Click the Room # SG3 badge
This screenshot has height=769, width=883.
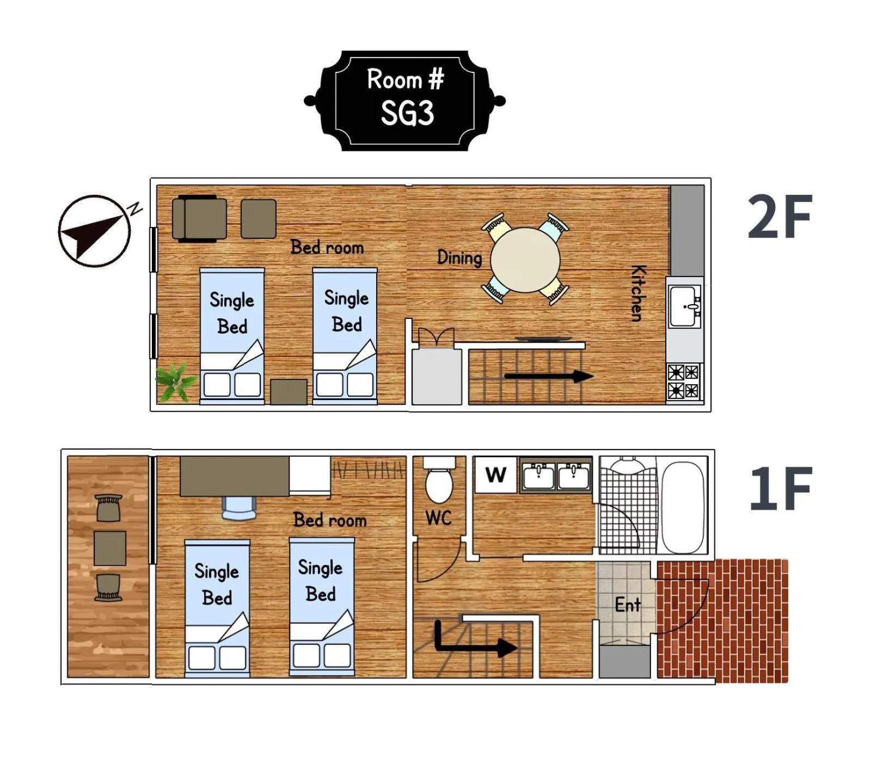tap(404, 101)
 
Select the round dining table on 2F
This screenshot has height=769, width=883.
tap(525, 260)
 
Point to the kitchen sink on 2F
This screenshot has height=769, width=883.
tap(685, 306)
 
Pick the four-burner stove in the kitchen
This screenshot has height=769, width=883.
tap(684, 382)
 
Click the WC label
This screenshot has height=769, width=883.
tap(439, 518)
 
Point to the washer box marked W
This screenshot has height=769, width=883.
tap(495, 475)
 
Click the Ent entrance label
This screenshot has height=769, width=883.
tap(628, 604)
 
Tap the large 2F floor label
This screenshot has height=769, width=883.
tap(780, 217)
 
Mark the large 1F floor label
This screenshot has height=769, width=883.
tap(781, 489)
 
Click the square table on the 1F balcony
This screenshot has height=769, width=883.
tap(110, 548)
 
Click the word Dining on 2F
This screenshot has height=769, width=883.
tap(460, 257)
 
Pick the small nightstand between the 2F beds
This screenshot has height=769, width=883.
tap(289, 392)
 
